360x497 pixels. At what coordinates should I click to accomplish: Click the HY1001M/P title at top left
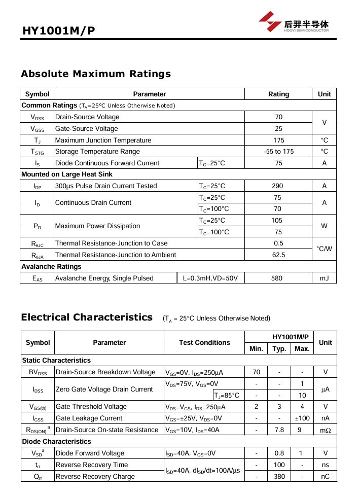click(x=59, y=31)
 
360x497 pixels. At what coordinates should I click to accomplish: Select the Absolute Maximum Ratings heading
click(x=96, y=74)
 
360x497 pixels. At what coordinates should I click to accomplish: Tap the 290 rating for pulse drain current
click(x=278, y=186)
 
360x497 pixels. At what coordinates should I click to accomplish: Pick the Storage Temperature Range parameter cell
click(x=97, y=152)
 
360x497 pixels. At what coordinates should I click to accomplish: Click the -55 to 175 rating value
click(x=278, y=152)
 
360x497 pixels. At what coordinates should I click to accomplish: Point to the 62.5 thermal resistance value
click(x=278, y=255)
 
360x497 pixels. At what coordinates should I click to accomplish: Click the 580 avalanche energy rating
click(x=278, y=278)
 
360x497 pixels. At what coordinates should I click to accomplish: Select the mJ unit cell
click(x=324, y=278)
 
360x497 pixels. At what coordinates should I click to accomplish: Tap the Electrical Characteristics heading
click(x=87, y=317)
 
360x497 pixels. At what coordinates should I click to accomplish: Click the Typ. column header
click(x=279, y=349)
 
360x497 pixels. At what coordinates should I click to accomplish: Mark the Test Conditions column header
click(x=204, y=343)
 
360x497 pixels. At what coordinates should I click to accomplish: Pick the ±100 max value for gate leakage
click(x=302, y=418)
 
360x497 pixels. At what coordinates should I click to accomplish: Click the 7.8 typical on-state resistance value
click(x=279, y=430)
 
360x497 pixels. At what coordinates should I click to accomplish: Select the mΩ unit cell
click(x=325, y=430)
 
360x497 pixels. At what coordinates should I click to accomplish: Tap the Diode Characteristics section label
click(x=56, y=442)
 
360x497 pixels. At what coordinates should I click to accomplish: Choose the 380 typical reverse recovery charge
click(x=279, y=477)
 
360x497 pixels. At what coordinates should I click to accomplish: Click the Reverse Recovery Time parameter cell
click(x=92, y=465)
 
